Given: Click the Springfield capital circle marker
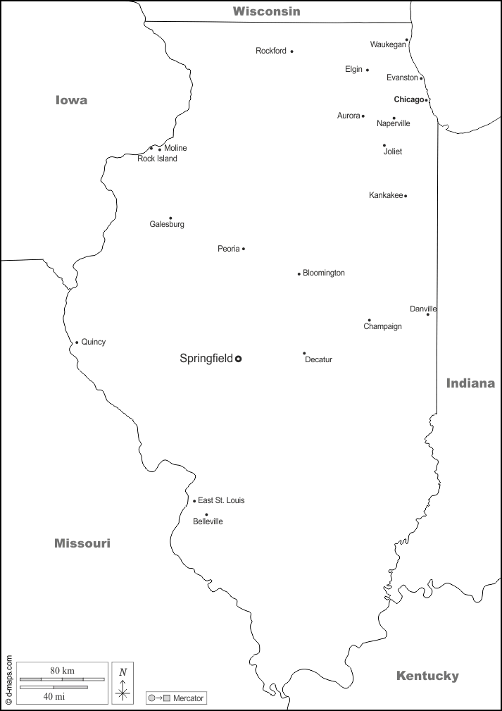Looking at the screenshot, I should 238,359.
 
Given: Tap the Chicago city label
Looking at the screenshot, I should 408,99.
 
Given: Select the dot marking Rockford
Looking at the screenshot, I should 291,51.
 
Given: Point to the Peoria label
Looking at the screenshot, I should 228,249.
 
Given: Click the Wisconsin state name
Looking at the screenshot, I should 267,11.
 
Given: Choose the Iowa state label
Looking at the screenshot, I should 72,100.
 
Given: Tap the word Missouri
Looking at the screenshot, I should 82,543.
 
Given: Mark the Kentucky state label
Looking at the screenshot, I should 427,676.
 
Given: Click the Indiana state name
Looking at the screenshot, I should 470,383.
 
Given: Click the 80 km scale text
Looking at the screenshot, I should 62,670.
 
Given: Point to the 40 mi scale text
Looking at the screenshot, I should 54,696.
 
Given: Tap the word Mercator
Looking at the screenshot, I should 188,698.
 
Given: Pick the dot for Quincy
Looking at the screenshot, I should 77,343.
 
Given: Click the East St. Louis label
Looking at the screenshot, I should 221,500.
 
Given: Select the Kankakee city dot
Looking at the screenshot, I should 406,196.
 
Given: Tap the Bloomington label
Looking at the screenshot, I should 324,273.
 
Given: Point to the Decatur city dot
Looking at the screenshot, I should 304,353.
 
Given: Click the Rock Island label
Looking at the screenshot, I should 157,159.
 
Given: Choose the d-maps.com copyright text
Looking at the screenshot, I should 8,680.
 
